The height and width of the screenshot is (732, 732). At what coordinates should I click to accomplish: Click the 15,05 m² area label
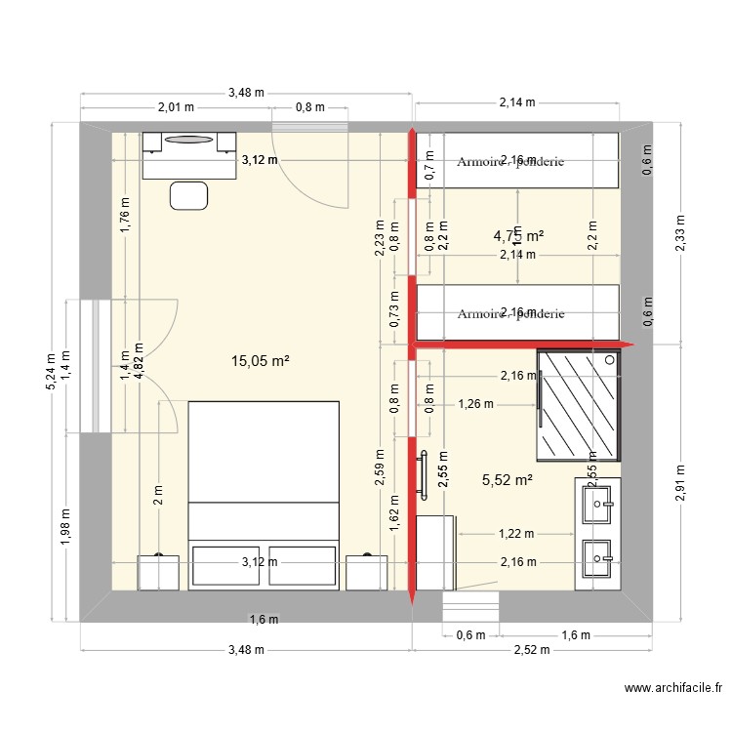260,361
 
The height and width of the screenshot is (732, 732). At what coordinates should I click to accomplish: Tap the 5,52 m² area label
507,479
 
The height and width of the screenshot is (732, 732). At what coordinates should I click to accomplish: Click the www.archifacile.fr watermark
673,689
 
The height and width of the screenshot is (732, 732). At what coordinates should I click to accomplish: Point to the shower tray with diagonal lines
578,404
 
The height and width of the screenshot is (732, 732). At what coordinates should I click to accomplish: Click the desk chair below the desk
189,195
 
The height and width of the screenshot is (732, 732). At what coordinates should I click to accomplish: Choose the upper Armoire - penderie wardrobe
517,161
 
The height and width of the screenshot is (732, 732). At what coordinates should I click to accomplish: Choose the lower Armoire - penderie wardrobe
517,313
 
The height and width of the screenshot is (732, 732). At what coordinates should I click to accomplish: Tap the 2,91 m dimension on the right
679,482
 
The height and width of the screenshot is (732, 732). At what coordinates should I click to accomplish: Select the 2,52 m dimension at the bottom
532,650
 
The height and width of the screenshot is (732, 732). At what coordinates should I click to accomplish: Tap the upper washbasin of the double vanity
596,505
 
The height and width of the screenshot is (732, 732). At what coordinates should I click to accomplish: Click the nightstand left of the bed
159,572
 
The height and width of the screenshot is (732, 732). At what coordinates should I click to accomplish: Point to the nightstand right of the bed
368,572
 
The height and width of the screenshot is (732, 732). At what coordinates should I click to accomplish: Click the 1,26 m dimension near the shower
475,403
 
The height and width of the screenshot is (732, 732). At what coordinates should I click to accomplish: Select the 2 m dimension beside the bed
158,495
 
